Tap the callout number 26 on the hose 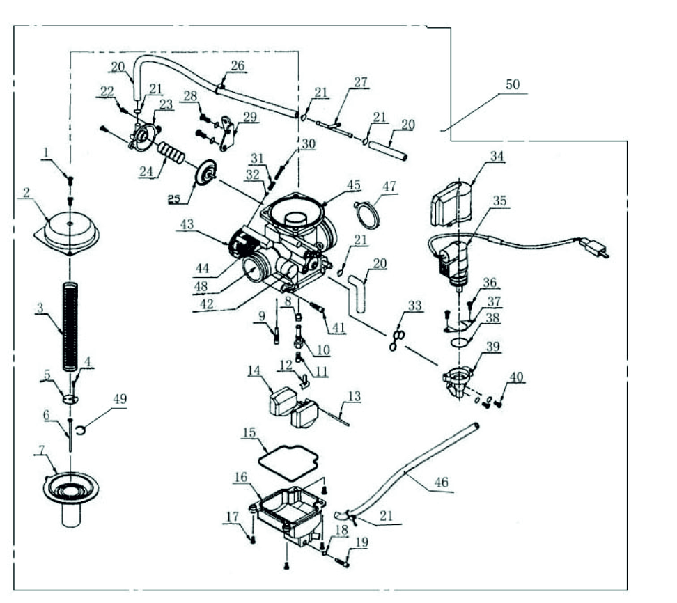(238, 66)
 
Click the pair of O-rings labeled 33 (398, 339)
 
